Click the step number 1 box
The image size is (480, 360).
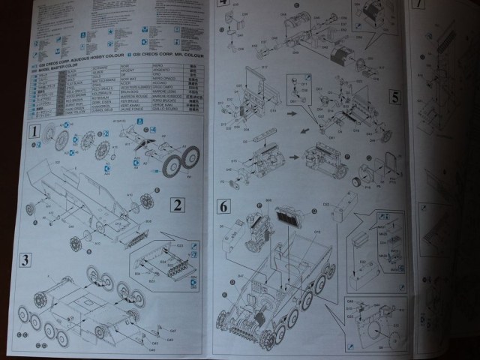click(34, 133)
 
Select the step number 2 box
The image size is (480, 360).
click(176, 204)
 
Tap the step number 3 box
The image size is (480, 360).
click(25, 260)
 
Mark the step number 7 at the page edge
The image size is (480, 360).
click(418, 4)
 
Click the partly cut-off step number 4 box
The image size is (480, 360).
click(223, 3)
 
